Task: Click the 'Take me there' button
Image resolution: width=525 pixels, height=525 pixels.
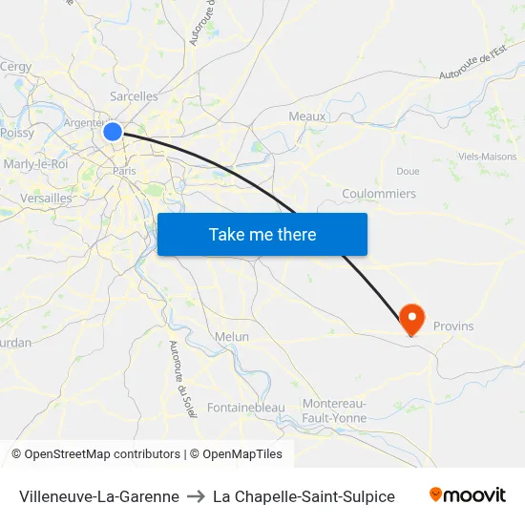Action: point(262,234)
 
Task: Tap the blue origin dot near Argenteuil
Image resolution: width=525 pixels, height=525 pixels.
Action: point(113,132)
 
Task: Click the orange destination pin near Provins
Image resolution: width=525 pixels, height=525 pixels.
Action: point(412,319)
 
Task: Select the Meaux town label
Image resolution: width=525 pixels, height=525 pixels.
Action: point(307,116)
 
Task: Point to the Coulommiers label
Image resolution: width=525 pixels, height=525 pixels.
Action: point(379,194)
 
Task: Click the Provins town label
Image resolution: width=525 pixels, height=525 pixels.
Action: point(453,326)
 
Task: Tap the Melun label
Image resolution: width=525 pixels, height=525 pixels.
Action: point(232,337)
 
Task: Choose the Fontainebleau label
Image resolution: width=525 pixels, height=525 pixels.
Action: point(246,408)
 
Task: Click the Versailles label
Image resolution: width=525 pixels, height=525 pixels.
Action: point(46,199)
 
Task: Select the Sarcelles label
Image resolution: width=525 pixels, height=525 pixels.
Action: point(134,96)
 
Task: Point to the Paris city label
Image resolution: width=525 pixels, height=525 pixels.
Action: point(124,171)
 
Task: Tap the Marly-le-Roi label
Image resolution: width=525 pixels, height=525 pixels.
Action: point(35,164)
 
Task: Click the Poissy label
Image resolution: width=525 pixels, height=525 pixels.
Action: point(17,134)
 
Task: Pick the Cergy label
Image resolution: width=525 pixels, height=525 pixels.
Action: point(16,67)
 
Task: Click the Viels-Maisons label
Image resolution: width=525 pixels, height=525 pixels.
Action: point(487,157)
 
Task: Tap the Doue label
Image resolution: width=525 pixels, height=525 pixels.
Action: point(408,172)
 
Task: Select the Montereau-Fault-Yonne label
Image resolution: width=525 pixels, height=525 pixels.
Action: point(334,410)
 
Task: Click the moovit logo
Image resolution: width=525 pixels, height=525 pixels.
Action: point(467,495)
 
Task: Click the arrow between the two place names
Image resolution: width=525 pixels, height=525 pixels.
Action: point(196,496)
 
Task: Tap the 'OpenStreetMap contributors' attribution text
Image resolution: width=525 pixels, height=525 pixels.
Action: point(102,454)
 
